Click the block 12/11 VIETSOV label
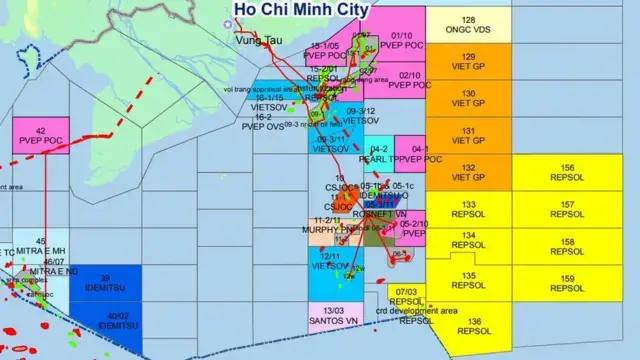(330, 262)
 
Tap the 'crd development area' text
(415, 310)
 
